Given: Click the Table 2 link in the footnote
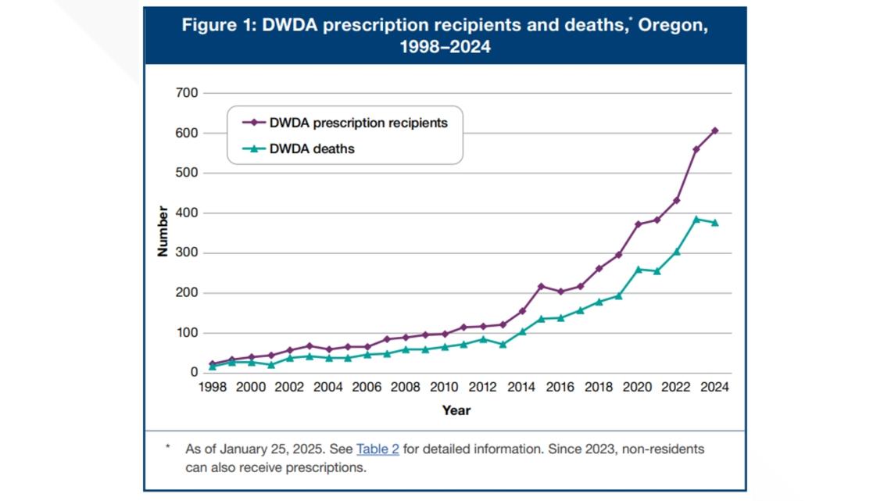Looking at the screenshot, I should (x=378, y=449).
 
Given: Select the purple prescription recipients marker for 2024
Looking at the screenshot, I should (x=714, y=131).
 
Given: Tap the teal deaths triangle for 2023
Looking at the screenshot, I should (x=696, y=220).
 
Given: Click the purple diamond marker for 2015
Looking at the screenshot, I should (x=541, y=286).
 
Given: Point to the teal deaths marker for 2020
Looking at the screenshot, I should (x=638, y=270).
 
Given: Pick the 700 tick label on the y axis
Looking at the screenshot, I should (x=188, y=93).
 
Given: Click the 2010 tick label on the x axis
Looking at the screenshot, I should (x=444, y=387).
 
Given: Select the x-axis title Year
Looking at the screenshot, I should (x=456, y=410).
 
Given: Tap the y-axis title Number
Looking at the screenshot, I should (x=163, y=232).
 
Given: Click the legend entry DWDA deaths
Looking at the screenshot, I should (x=311, y=149).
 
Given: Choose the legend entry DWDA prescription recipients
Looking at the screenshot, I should (x=358, y=123).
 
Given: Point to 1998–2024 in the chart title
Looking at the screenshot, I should (x=445, y=47).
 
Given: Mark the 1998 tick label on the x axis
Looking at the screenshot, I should (x=212, y=387).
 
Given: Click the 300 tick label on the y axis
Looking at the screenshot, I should (x=188, y=253).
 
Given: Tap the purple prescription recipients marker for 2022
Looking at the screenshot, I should (x=676, y=200).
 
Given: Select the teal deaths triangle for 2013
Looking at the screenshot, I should (x=503, y=344).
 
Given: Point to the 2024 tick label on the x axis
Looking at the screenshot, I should (x=714, y=387).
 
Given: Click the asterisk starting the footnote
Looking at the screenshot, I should (x=166, y=448).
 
